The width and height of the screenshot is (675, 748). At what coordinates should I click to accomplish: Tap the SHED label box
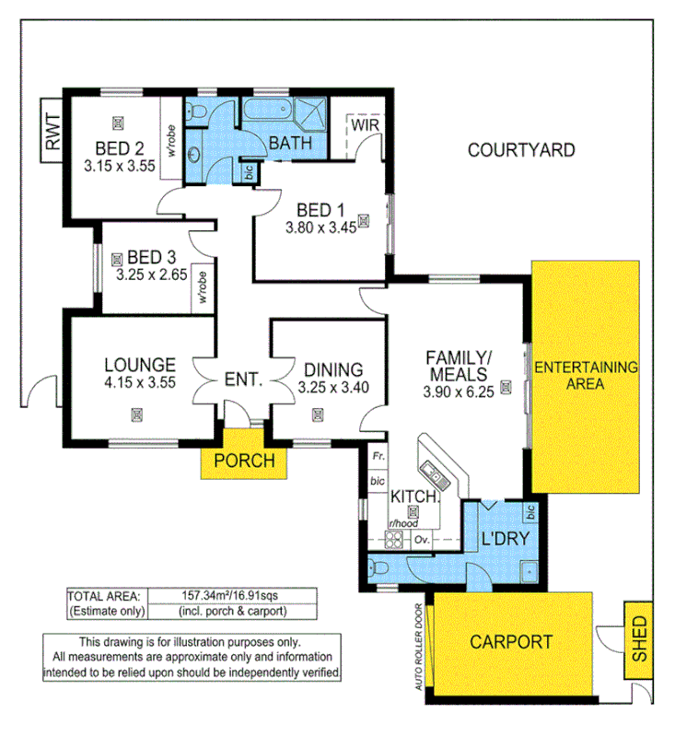coord(638,637)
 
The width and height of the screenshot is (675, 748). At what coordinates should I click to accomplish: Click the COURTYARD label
coord(520,149)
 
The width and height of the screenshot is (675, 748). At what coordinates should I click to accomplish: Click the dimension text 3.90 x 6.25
coord(459,389)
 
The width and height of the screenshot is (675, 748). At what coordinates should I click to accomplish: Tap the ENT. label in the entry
coord(244,378)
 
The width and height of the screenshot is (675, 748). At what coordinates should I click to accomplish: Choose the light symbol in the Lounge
coord(136,415)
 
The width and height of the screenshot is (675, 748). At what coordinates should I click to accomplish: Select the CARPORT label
coord(511,642)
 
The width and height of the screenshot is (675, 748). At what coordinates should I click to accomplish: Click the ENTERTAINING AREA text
coord(586,375)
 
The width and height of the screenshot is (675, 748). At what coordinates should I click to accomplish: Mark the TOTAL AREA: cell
coord(103,596)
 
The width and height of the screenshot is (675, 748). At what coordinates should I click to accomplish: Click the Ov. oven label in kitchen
coord(425,540)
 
